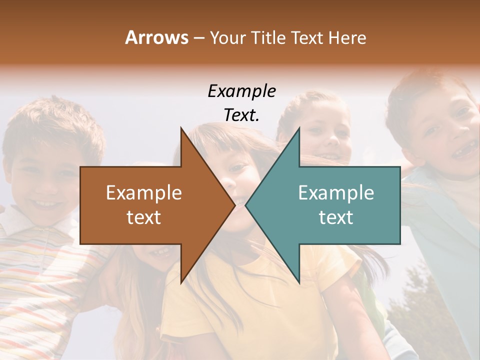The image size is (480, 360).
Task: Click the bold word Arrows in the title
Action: [x=156, y=37]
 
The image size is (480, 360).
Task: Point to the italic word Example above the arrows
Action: [x=241, y=91]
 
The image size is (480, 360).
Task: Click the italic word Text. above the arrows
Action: [x=241, y=115]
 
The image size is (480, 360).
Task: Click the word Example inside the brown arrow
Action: [x=143, y=193]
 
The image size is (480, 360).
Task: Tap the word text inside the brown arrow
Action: [x=143, y=217]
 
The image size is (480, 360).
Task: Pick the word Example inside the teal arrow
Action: [x=336, y=193]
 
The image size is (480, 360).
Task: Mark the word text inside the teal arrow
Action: [x=336, y=217]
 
